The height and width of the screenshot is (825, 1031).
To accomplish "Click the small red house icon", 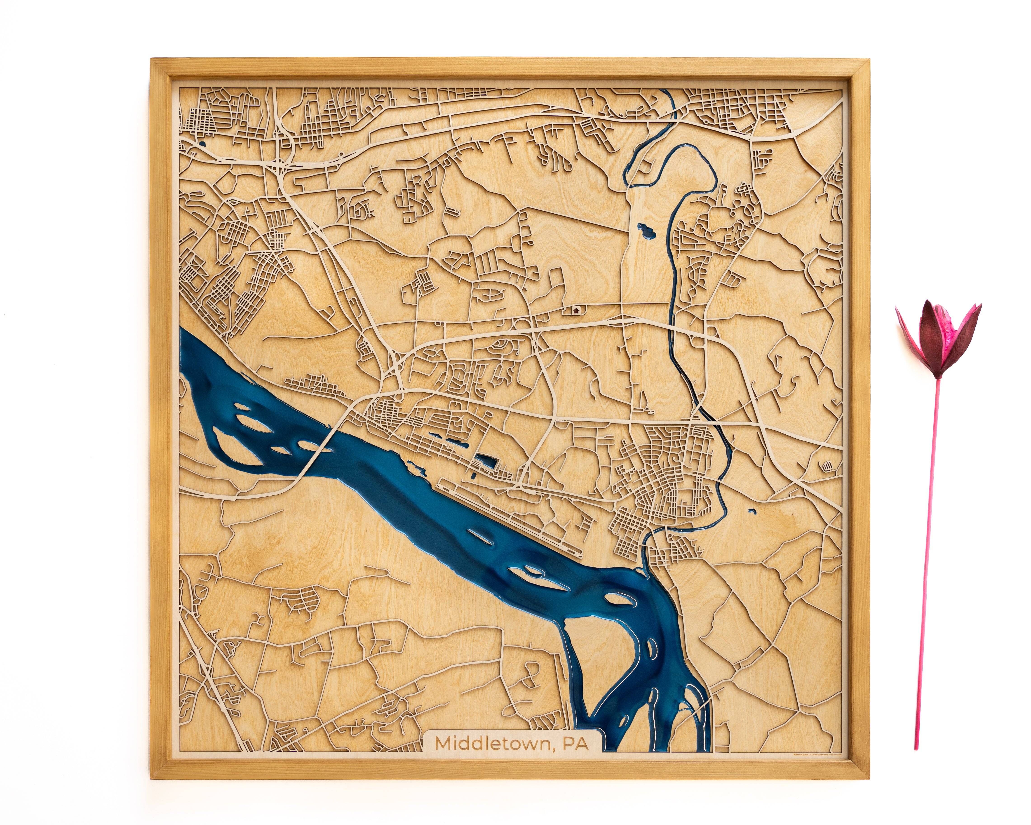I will tap(576, 310).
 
